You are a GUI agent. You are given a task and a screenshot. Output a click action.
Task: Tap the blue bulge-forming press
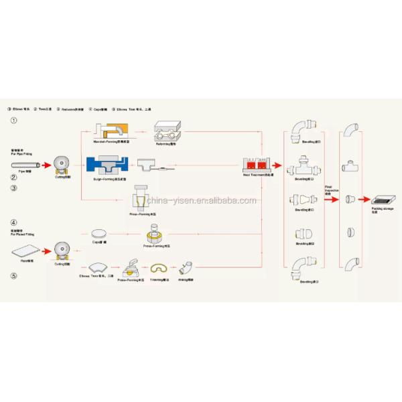pos(106,165)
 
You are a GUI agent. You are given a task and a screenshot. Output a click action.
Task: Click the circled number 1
pos(13,121)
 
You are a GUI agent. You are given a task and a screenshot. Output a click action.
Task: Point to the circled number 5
pos(13,275)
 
